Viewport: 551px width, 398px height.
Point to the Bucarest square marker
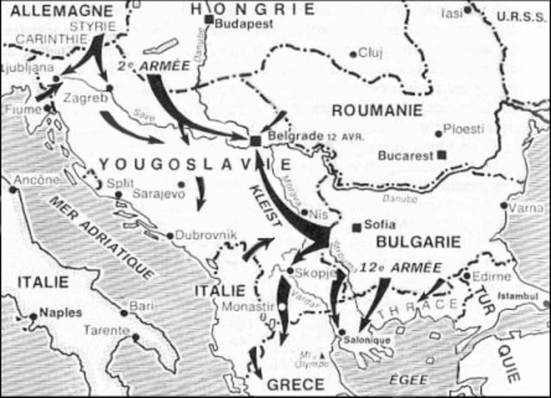[442, 155]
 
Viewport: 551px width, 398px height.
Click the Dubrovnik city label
[204, 235]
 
